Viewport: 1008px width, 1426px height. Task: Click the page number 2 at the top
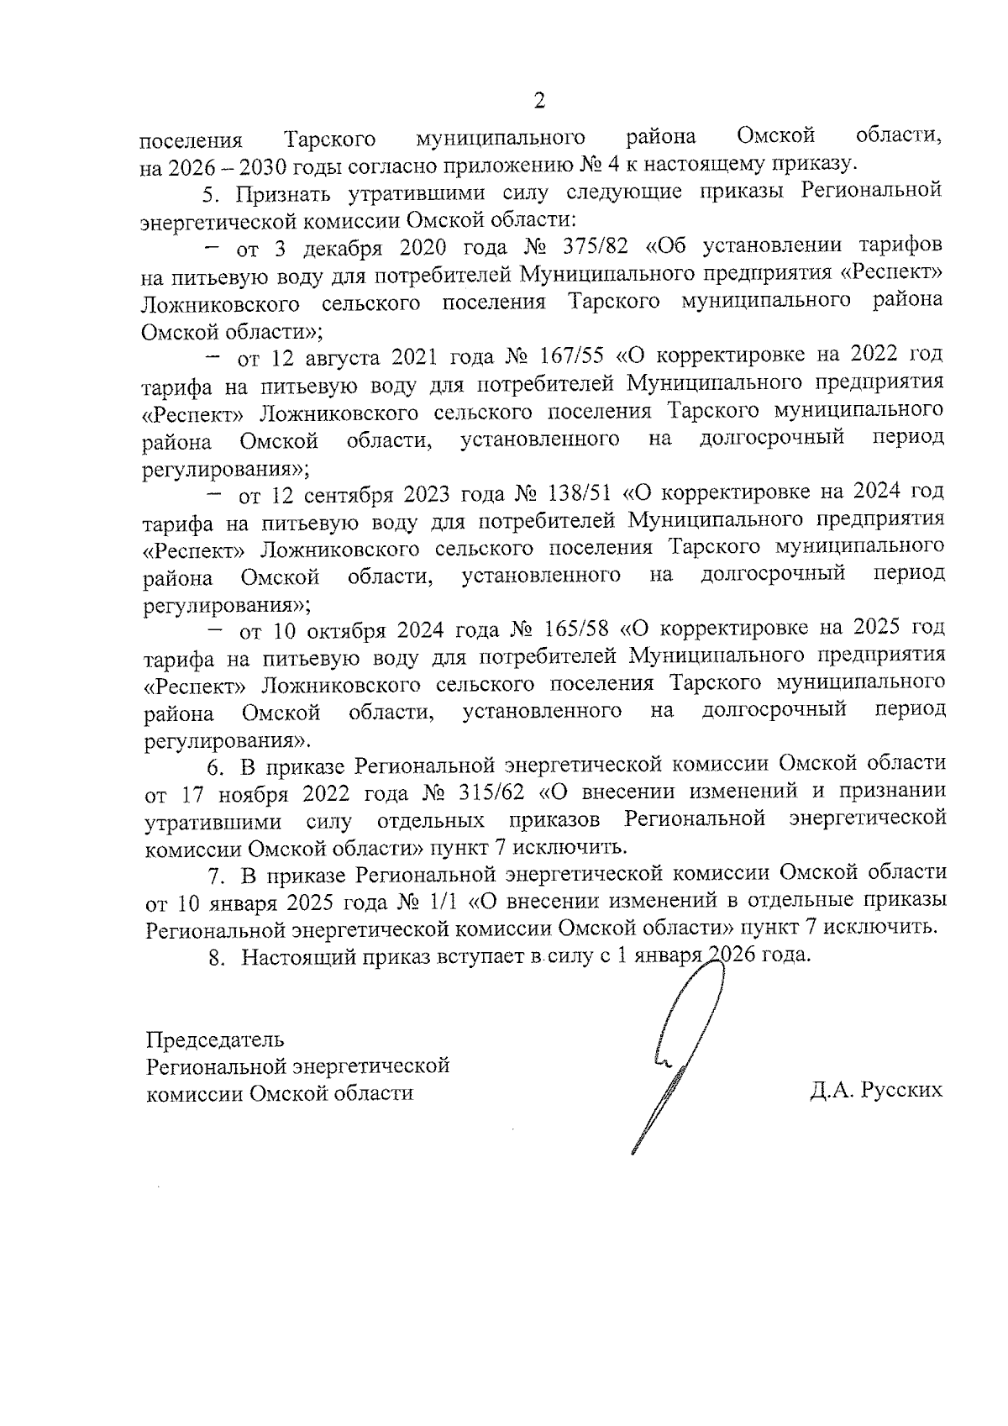(x=538, y=102)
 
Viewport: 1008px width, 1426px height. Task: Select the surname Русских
(x=901, y=1091)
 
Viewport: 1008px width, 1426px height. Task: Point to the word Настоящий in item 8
(x=295, y=956)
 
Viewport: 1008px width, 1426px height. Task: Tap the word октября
(x=339, y=629)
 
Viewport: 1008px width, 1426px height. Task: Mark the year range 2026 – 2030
(x=221, y=166)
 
